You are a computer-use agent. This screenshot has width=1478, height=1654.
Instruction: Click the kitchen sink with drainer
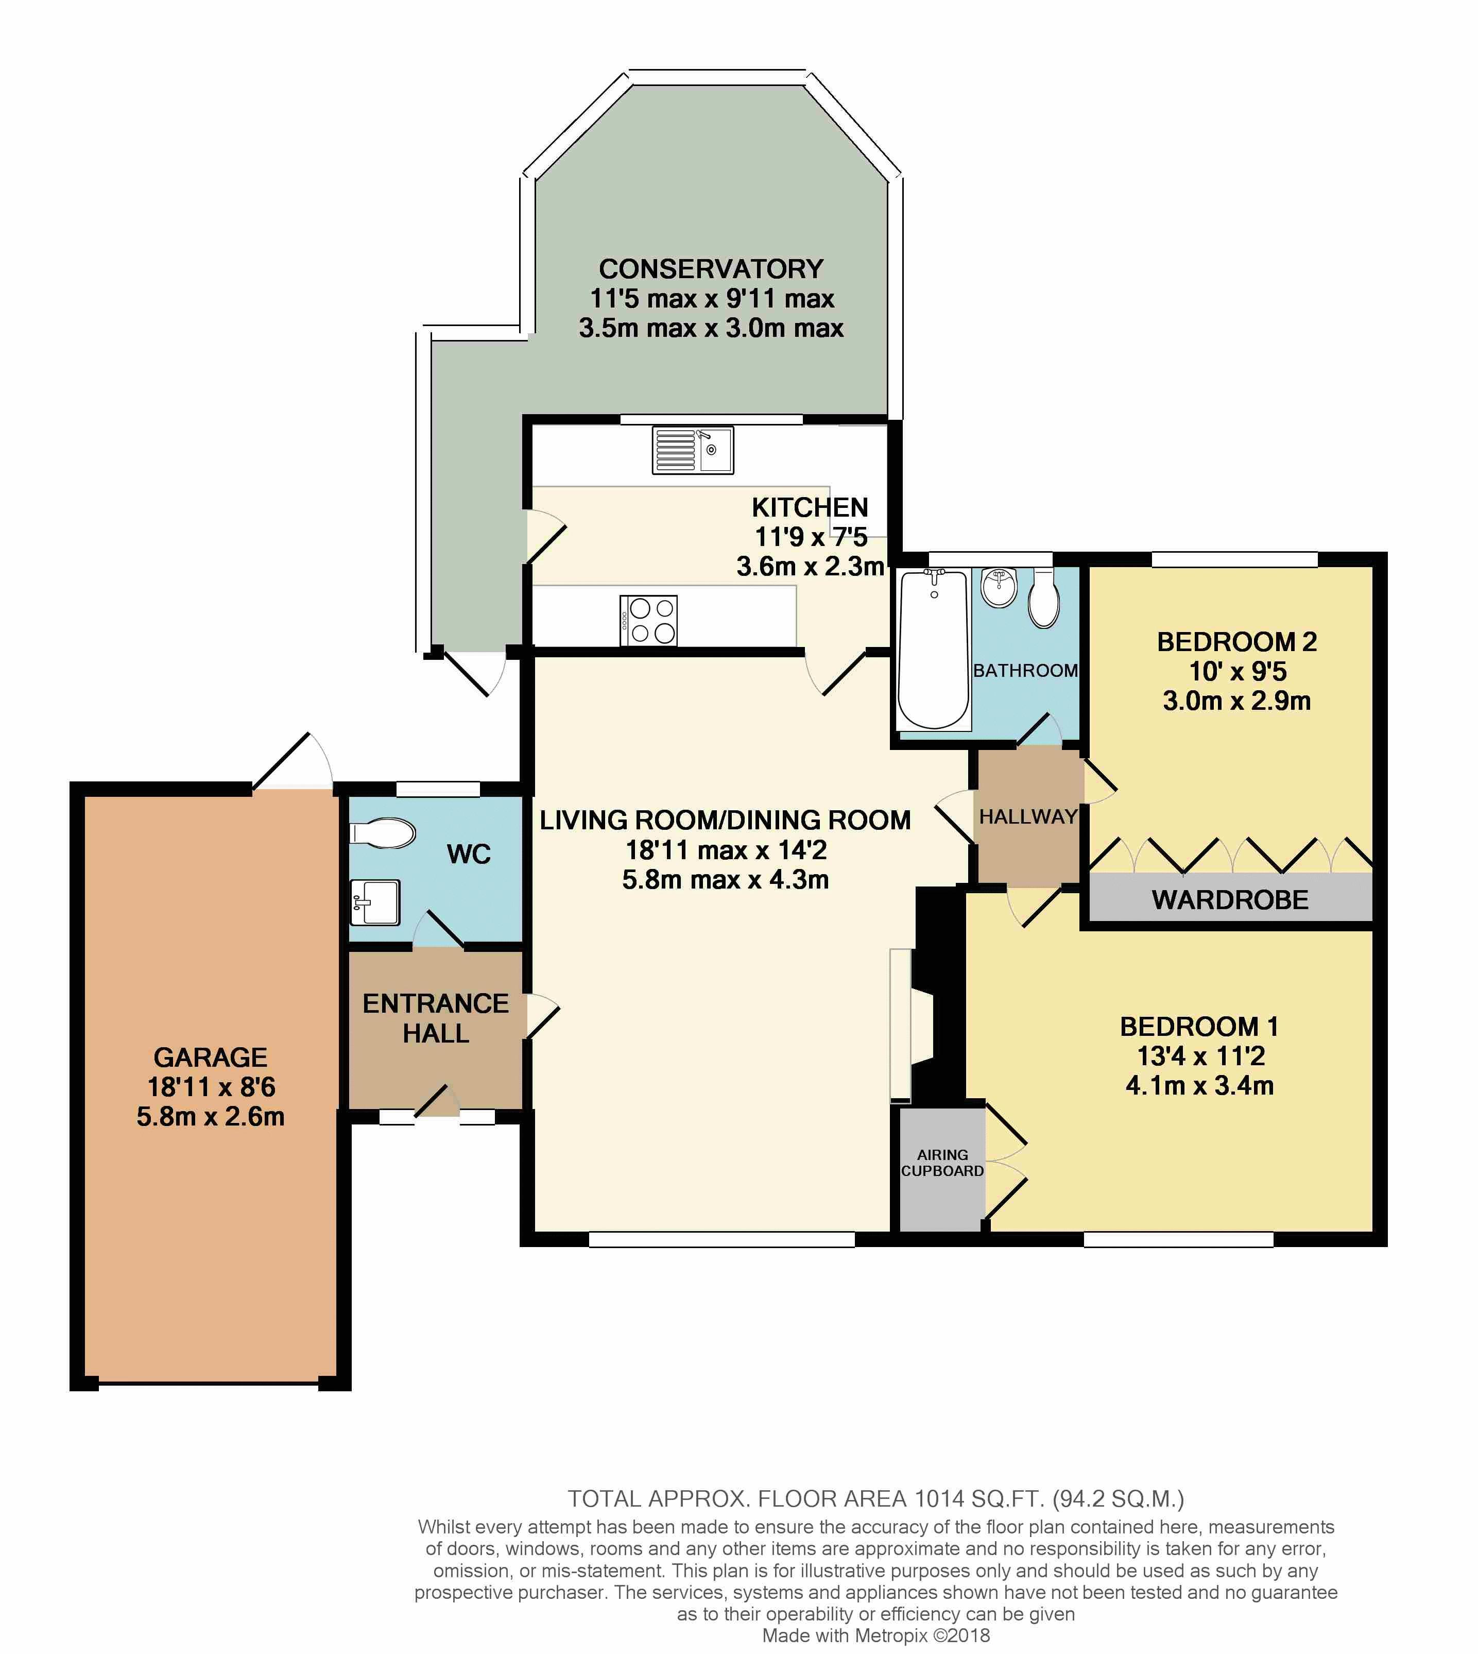[693, 450]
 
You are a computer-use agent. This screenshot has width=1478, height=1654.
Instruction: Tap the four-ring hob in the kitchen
[648, 621]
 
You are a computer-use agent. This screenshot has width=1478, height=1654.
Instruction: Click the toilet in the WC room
[382, 833]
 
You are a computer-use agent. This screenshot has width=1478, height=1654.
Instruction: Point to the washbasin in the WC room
[375, 902]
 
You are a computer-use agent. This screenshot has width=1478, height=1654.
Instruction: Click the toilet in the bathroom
[1043, 599]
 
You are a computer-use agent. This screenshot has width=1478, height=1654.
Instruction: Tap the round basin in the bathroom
[998, 587]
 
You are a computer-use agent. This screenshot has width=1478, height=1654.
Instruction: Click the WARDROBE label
[1229, 900]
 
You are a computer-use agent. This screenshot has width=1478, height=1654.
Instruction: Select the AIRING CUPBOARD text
[942, 1163]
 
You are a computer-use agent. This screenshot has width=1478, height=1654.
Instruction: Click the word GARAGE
[210, 1057]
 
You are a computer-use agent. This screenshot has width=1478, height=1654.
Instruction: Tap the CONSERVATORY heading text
[711, 269]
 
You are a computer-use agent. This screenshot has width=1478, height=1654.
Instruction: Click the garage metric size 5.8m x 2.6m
[210, 1116]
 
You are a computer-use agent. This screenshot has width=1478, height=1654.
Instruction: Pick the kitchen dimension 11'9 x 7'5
[811, 537]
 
